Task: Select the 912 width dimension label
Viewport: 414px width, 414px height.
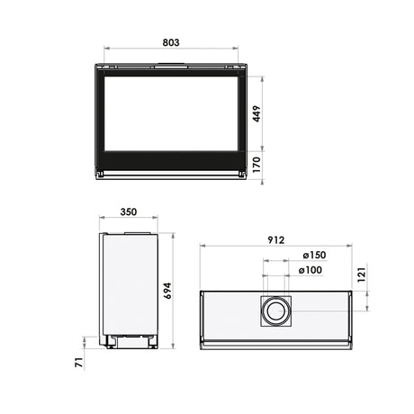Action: pos(275,239)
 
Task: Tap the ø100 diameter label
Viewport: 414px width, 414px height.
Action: pos(310,269)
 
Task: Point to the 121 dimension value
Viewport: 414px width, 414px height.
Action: pos(362,275)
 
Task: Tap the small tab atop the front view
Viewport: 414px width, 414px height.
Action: pos(172,63)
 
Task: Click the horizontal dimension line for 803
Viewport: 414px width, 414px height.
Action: pos(172,50)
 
